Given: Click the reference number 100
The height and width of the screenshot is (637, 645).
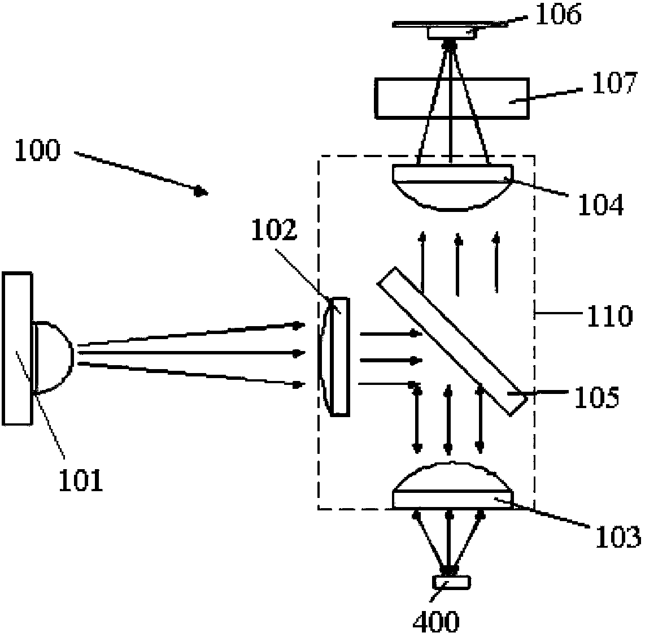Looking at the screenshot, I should [36, 151].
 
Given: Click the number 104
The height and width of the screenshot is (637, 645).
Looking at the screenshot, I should [600, 204].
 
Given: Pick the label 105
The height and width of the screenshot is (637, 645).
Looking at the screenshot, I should [596, 397].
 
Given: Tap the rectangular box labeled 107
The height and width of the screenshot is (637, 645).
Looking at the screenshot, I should [452, 99].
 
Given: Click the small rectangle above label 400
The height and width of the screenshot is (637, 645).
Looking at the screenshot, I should [451, 581].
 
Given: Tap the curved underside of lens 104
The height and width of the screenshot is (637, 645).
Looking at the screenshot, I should [452, 197].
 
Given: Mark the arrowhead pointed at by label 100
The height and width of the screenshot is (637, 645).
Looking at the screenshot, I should [199, 192].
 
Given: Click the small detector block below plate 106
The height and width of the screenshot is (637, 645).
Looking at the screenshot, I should [452, 34].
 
